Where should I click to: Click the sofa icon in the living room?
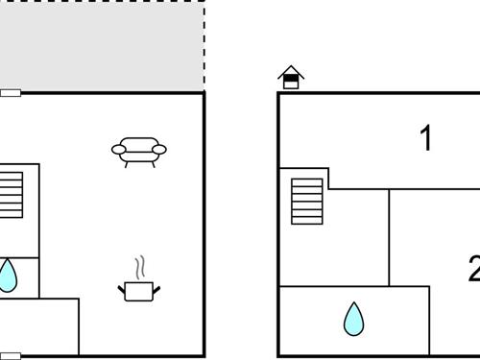pyautogui.click(x=139, y=150)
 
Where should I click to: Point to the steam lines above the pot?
pyautogui.click(x=140, y=265)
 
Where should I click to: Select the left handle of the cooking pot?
pyautogui.click(x=122, y=285)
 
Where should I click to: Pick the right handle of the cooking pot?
pyautogui.click(x=156, y=285)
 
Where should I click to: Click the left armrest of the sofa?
pyautogui.click(x=118, y=149)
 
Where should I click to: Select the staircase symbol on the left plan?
pyautogui.click(x=11, y=195)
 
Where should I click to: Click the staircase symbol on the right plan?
pyautogui.click(x=307, y=201)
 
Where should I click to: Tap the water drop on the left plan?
pyautogui.click(x=7, y=276)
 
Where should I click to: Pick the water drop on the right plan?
pyautogui.click(x=354, y=319)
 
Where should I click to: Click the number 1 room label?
pyautogui.click(x=426, y=138)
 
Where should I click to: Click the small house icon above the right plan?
pyautogui.click(x=291, y=78)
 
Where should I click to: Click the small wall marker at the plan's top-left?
pyautogui.click(x=10, y=93)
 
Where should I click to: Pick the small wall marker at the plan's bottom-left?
pyautogui.click(x=10, y=356)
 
